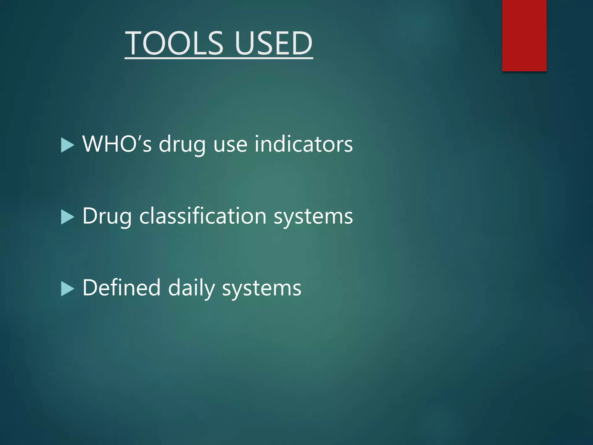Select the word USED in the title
pos(274,43)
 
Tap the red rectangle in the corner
pos(524,35)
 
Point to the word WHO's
pos(117,144)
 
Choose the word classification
pos(203,216)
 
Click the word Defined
pos(121,288)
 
